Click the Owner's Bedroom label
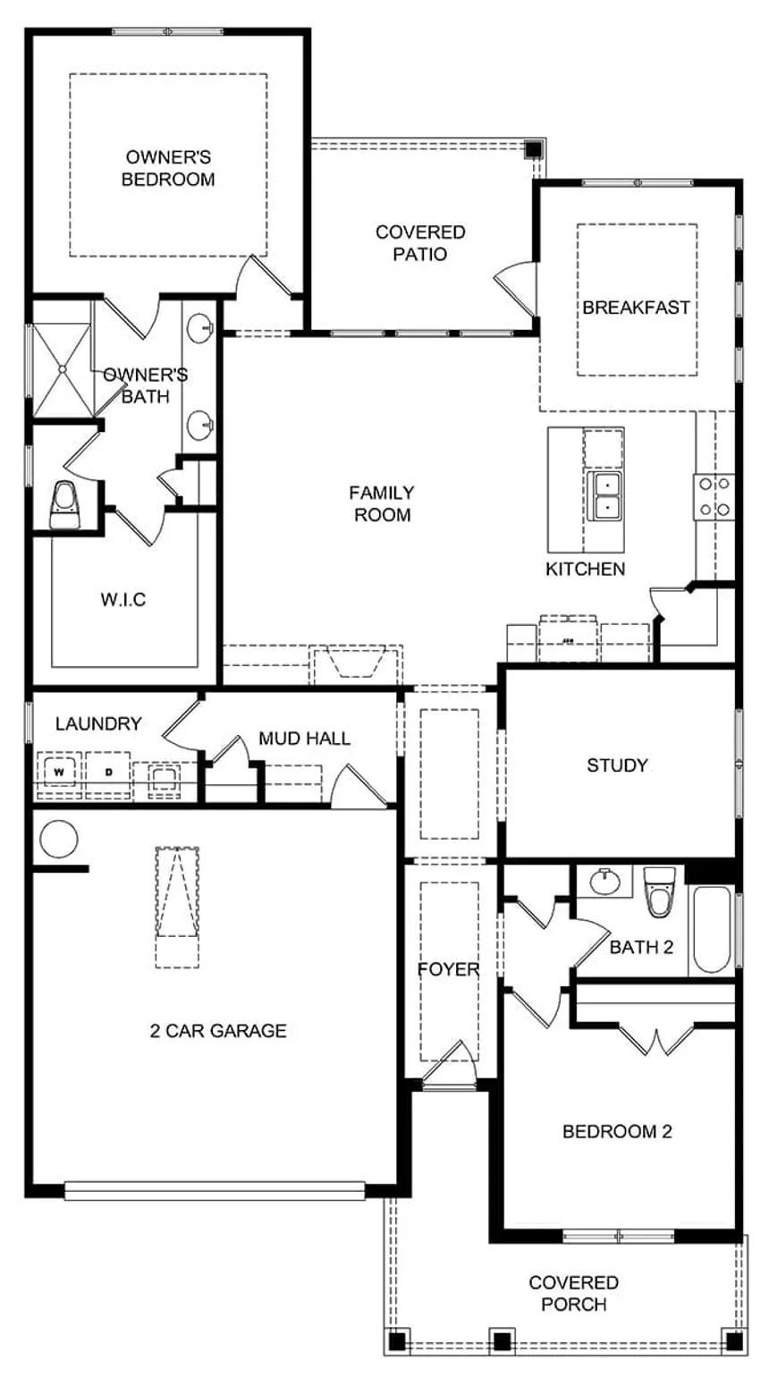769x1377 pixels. point(168,168)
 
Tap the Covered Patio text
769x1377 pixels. point(419,242)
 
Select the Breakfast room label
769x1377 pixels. point(637,308)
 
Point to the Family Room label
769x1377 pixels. point(382,503)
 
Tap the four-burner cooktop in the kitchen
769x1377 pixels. point(714,497)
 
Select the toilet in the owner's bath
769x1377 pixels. point(63,506)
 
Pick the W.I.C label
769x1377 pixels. point(123,599)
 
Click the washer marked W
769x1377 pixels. point(60,770)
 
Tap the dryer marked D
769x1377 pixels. point(107,770)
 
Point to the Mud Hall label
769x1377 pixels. point(304,739)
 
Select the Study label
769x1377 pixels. point(617,765)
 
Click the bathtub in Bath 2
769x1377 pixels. point(712,929)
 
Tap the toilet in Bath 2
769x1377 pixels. point(661,891)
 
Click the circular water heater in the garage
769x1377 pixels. point(58,840)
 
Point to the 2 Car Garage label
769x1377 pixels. point(218,1031)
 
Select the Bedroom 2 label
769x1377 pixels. point(617,1132)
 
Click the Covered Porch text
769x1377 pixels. point(573,1293)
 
